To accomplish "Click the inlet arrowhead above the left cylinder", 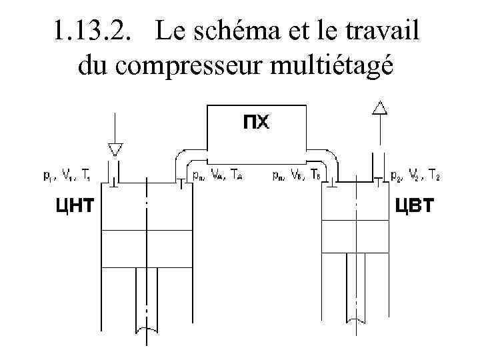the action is coord(115,149).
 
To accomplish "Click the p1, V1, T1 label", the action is coord(66,177).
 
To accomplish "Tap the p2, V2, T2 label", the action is coord(415,177).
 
